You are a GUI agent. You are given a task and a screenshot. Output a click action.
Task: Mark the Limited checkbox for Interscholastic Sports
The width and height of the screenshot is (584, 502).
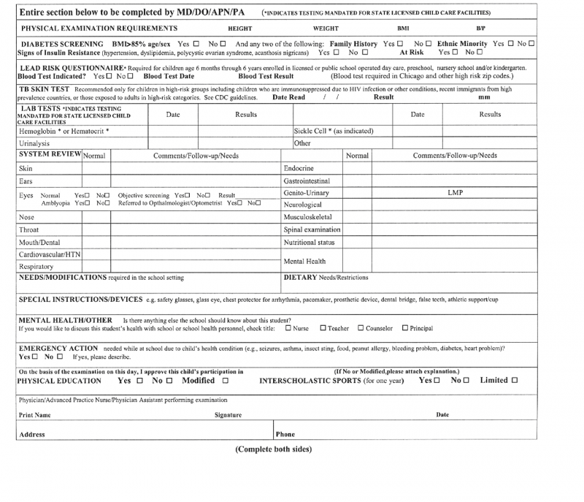(x=515, y=381)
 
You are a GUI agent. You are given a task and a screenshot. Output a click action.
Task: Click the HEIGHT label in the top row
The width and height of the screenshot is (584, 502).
(x=240, y=28)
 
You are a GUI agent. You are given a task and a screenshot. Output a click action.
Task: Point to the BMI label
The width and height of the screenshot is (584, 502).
(x=403, y=28)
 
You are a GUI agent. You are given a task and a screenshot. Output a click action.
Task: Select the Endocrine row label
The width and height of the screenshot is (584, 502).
(x=299, y=168)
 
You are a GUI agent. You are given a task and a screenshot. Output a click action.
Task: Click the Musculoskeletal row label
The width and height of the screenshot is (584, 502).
(x=307, y=217)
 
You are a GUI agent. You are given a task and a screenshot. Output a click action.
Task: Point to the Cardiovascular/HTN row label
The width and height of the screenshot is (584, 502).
(x=49, y=254)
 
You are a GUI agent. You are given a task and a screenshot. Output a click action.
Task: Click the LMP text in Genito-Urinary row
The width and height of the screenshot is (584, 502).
(x=456, y=193)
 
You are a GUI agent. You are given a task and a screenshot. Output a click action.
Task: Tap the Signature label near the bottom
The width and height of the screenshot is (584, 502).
(x=228, y=415)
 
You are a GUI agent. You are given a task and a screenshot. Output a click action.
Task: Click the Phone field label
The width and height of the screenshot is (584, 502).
(x=285, y=434)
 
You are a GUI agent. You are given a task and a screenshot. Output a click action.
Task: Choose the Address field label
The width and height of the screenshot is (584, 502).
(x=32, y=434)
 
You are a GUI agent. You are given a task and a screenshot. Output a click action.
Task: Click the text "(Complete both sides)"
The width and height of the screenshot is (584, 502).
(x=274, y=449)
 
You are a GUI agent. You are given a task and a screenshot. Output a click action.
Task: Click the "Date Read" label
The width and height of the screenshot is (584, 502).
(x=288, y=97)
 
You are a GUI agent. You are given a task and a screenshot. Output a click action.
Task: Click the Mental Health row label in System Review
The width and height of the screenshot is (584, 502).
(x=304, y=261)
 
